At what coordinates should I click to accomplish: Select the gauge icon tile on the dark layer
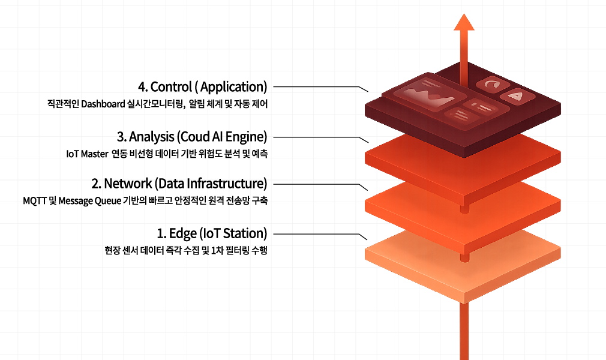[x=493, y=85]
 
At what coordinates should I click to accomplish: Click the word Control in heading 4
[x=174, y=88]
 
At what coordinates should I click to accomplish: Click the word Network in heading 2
[x=127, y=183]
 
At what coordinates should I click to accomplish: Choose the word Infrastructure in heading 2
[x=229, y=183]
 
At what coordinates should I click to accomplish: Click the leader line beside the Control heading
[x=318, y=87]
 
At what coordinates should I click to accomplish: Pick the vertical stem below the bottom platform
[x=463, y=330]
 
